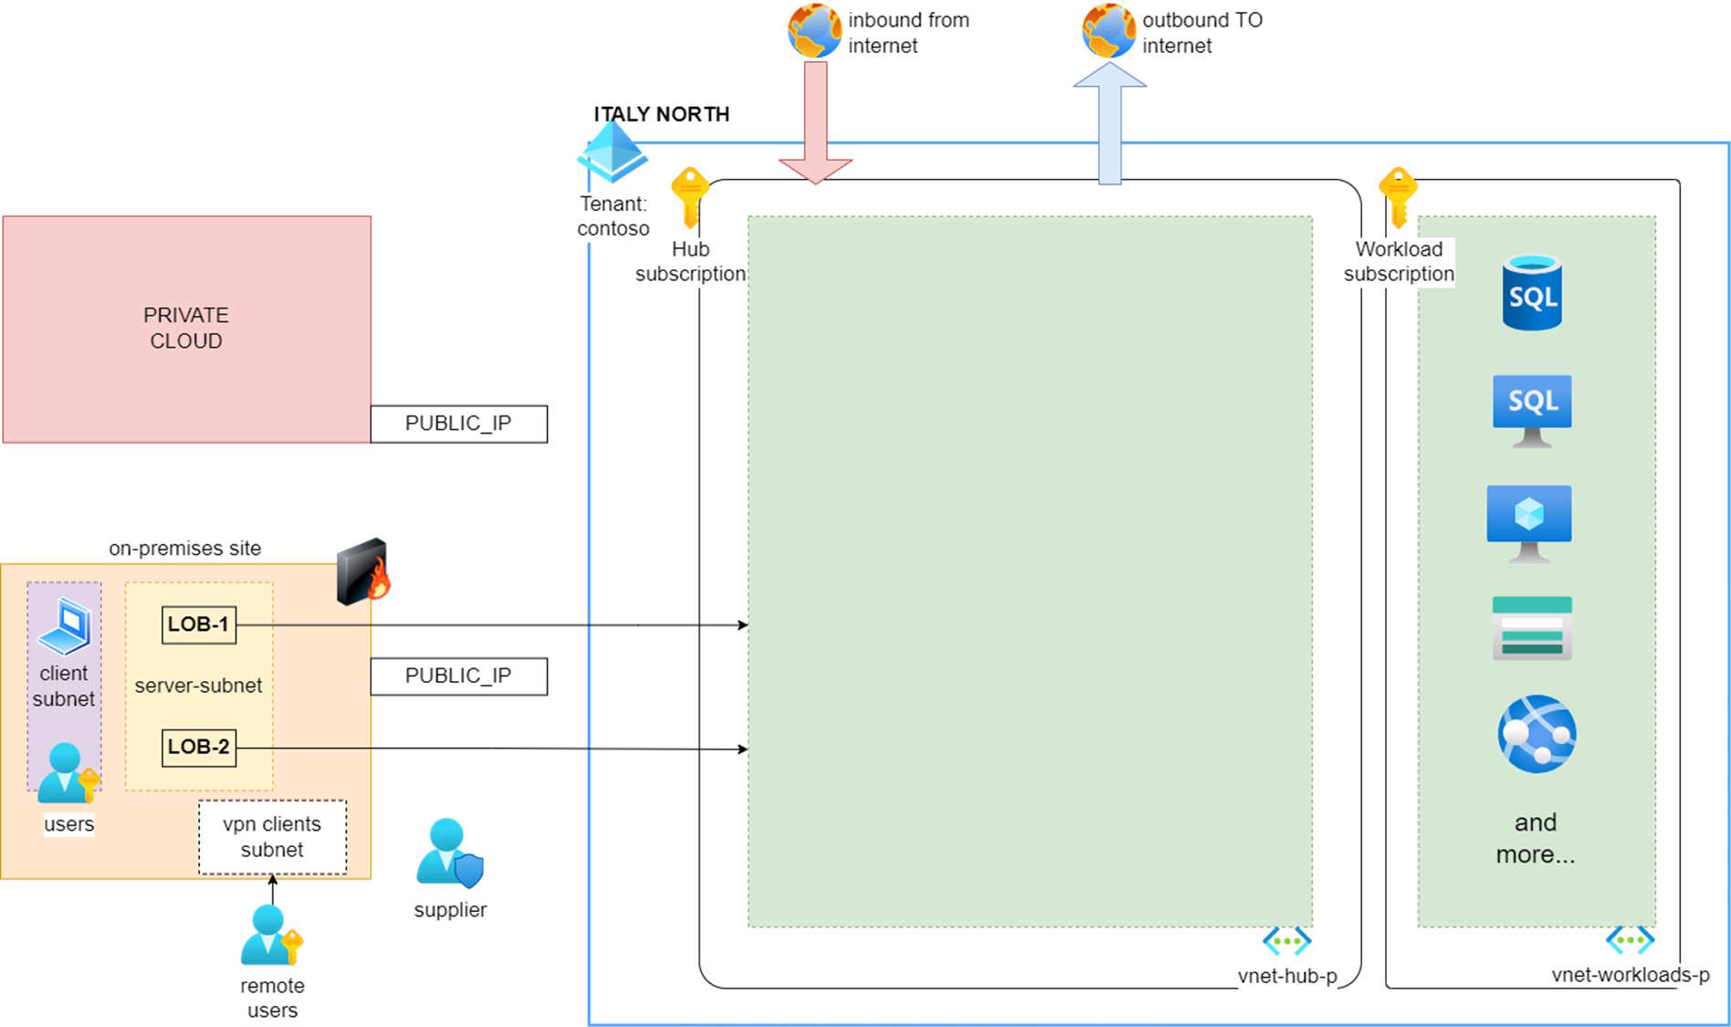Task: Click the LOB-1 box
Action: tap(198, 624)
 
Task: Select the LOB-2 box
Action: tap(198, 747)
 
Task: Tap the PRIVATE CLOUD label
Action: tap(186, 328)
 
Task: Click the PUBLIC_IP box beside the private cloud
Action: tap(458, 424)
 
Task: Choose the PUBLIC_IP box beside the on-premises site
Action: tap(458, 676)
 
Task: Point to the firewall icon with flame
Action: tap(363, 571)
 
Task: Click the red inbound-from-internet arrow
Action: tap(815, 119)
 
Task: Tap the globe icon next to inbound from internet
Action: tap(814, 31)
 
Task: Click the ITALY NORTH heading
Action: tap(662, 114)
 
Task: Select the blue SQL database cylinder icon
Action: tap(1532, 292)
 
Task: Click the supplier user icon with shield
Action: tap(449, 853)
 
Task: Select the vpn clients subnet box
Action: tap(272, 837)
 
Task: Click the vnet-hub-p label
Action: tap(1287, 976)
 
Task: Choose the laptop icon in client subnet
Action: tap(65, 626)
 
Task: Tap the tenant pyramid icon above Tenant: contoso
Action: tap(612, 152)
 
